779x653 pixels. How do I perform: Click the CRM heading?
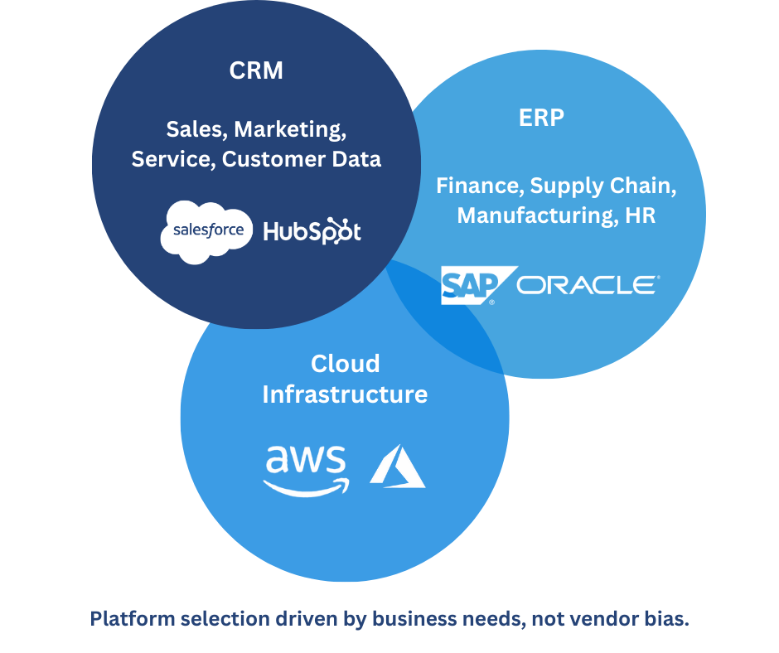[x=256, y=71]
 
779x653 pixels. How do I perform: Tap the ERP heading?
[x=541, y=118]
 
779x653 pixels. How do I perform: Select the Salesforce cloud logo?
[x=207, y=230]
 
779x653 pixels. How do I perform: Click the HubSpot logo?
[x=312, y=231]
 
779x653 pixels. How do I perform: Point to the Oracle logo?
[x=588, y=286]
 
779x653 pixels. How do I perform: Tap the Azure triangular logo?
[x=397, y=467]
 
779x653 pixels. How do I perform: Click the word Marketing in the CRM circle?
[x=289, y=129]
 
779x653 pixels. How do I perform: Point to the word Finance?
[x=478, y=186]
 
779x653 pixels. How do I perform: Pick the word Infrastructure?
[x=345, y=394]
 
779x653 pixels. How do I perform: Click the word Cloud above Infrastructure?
[x=345, y=364]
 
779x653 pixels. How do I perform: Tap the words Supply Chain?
[x=603, y=186]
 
